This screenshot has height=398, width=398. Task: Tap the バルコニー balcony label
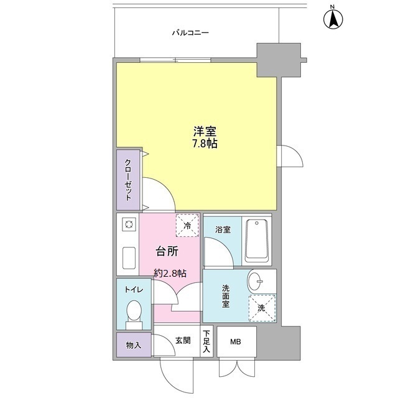(x=190, y=33)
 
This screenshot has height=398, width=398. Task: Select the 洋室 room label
(x=205, y=132)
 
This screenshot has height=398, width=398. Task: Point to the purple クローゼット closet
(x=128, y=180)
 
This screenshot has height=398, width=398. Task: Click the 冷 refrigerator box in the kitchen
(x=187, y=225)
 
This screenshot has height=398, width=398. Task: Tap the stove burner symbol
(x=129, y=224)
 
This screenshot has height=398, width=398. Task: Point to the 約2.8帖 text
(x=170, y=272)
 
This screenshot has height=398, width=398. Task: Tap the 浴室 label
(x=222, y=229)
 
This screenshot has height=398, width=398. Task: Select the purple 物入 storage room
(x=133, y=345)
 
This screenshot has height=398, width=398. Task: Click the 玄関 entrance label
(x=182, y=340)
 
